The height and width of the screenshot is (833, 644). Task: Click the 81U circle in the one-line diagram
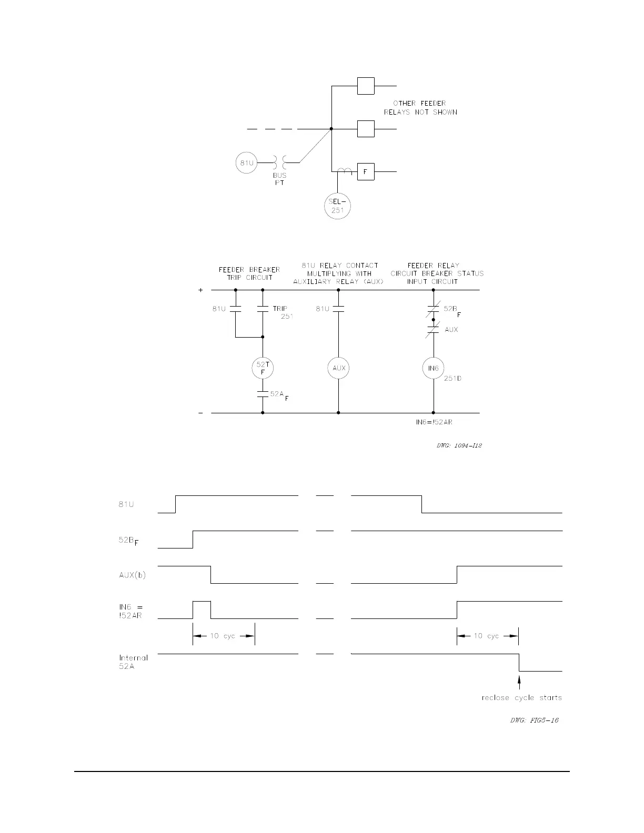click(247, 162)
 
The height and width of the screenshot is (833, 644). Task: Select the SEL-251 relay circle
click(337, 206)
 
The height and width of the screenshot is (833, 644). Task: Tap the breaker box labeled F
click(366, 172)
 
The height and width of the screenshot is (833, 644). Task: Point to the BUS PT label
click(279, 179)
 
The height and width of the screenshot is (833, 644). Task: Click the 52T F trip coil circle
click(263, 368)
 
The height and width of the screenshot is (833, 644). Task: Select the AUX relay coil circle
click(339, 368)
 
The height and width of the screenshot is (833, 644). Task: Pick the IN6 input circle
click(433, 368)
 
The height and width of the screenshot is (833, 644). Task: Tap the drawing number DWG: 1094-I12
click(459, 445)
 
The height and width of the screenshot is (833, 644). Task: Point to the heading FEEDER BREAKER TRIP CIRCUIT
click(249, 273)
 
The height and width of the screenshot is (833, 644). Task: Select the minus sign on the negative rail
click(200, 413)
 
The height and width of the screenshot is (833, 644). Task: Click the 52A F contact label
click(279, 394)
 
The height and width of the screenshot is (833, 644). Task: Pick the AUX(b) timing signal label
click(132, 575)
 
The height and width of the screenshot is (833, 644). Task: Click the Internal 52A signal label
click(133, 662)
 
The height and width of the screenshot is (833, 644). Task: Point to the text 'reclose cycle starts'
click(521, 698)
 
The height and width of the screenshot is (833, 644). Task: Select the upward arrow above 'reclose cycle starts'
click(519, 682)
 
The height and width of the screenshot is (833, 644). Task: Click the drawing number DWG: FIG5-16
click(534, 720)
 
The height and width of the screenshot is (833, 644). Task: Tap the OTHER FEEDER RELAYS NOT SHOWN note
click(420, 108)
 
